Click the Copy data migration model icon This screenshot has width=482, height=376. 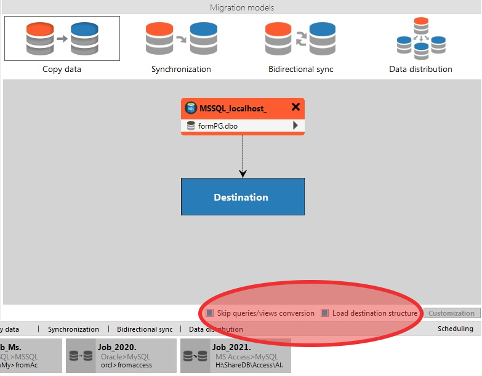click(x=62, y=38)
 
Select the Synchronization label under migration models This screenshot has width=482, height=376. click(x=181, y=70)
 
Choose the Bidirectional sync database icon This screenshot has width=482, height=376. click(x=300, y=38)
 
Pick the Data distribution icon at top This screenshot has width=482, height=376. click(x=420, y=38)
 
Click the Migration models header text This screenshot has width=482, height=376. click(x=241, y=7)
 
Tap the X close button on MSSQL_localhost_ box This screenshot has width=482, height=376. click(x=295, y=107)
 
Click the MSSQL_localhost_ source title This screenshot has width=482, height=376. click(x=233, y=108)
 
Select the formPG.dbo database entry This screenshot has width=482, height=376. click(x=218, y=126)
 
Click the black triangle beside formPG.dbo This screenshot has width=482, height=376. click(x=295, y=126)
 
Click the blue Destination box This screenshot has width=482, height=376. click(x=243, y=197)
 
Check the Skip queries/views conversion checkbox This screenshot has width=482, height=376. click(x=210, y=313)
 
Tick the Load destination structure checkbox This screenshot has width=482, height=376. click(x=325, y=313)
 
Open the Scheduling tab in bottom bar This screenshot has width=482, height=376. click(x=455, y=329)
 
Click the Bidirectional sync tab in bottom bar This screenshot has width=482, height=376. click(x=145, y=329)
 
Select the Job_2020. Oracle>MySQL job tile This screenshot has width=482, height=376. click(x=121, y=356)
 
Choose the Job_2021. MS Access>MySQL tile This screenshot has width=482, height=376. click(x=235, y=356)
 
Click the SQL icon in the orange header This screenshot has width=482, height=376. click(x=191, y=108)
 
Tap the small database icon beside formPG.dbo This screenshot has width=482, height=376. click(x=191, y=126)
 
